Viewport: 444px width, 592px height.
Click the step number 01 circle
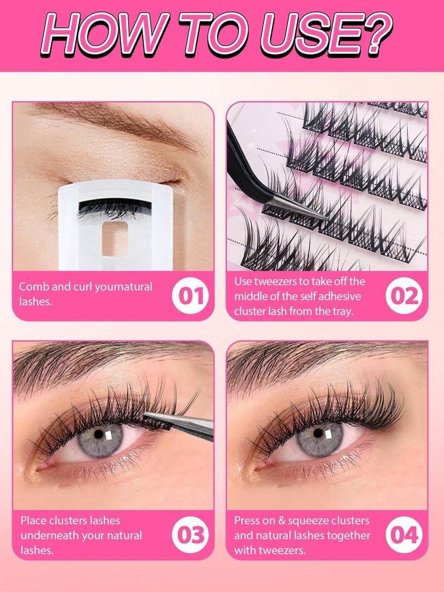(191, 295)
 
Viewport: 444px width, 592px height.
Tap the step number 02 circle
(404, 295)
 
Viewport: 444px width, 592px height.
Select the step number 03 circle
(191, 535)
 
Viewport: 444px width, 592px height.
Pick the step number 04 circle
(404, 535)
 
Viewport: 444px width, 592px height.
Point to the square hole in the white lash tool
(115, 238)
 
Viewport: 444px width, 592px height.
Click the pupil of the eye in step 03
(99, 434)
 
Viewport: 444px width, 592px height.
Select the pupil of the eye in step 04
(319, 433)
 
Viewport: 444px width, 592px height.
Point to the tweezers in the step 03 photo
(180, 425)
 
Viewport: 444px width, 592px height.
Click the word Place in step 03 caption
(33, 521)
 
